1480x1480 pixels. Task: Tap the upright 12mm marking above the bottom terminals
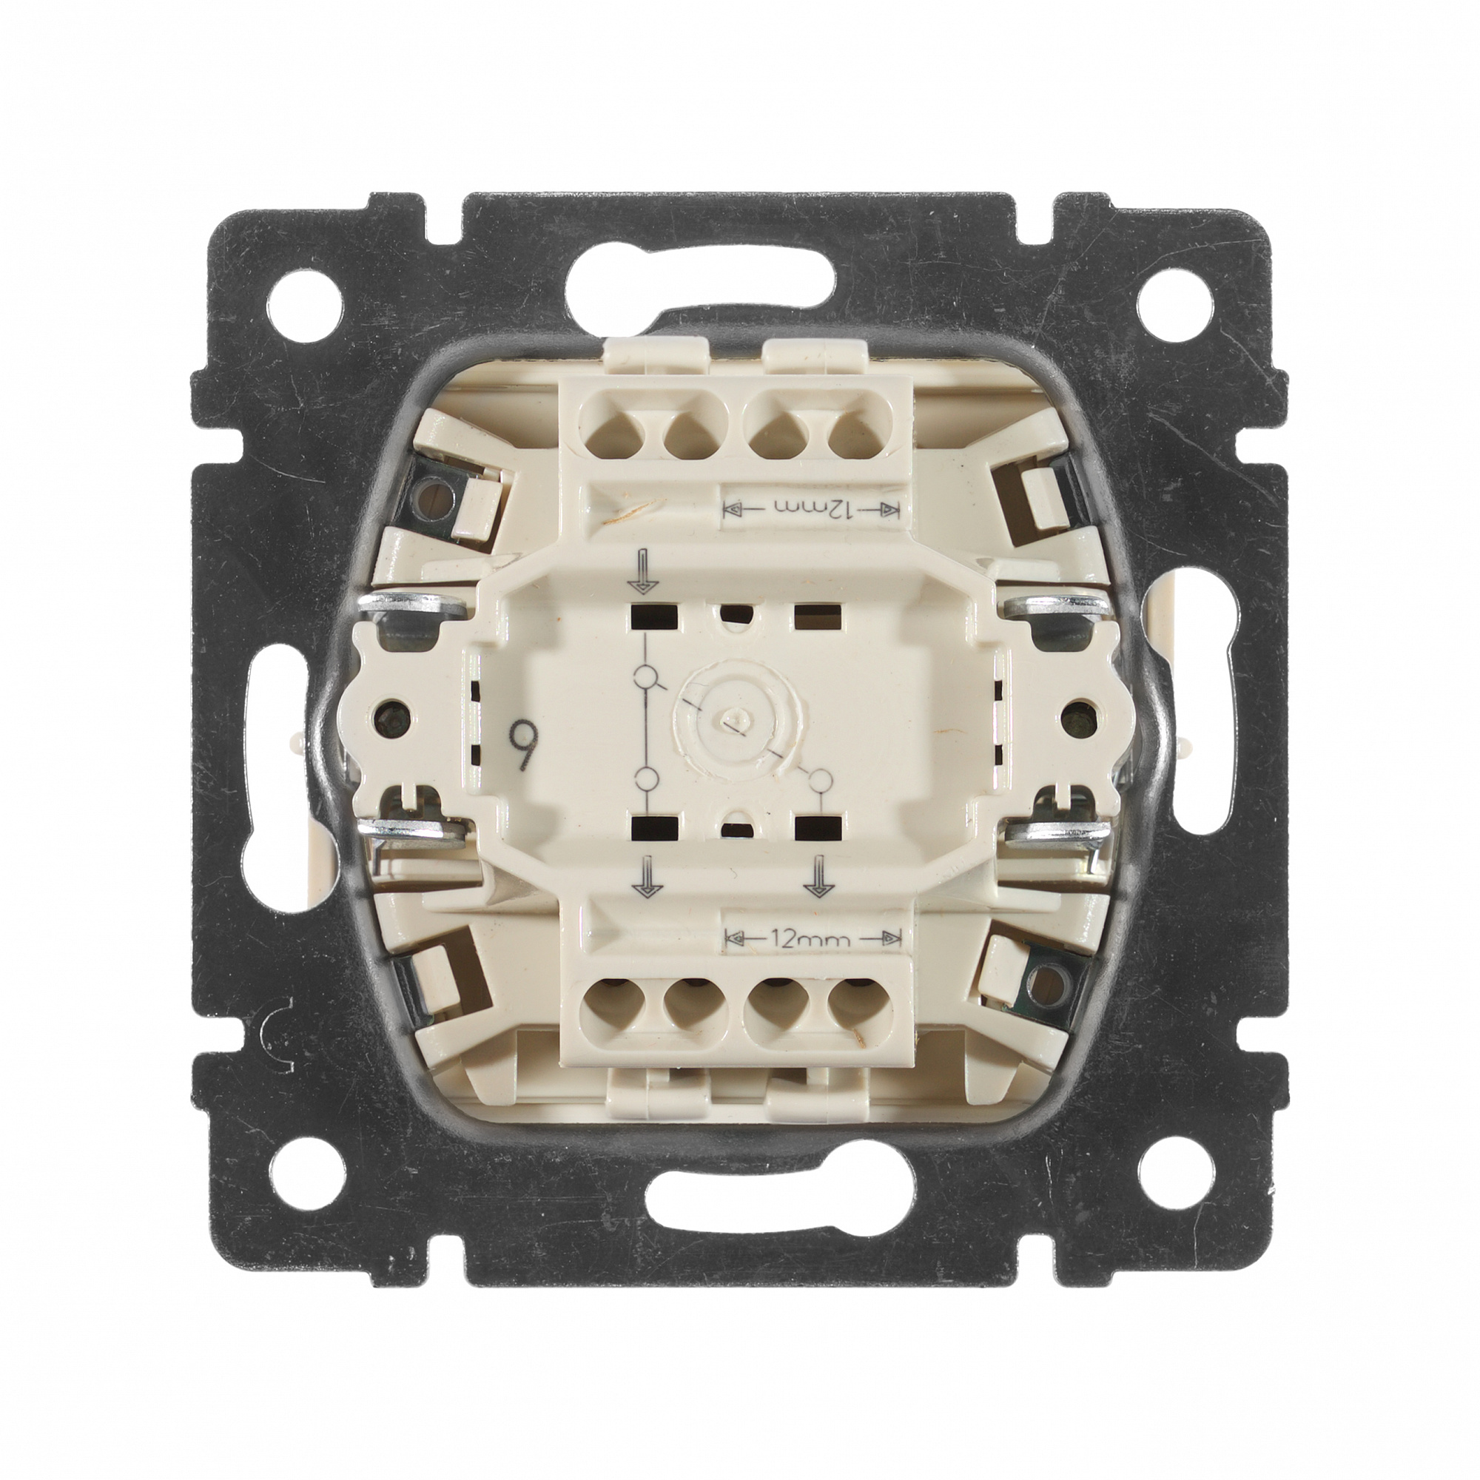pyautogui.click(x=813, y=938)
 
